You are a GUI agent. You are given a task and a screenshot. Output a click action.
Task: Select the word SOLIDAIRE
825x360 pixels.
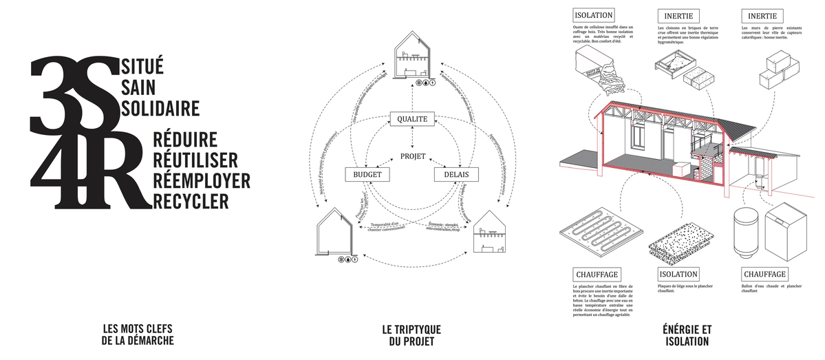point(160,108)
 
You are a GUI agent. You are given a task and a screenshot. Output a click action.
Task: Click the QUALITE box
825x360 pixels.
point(412,119)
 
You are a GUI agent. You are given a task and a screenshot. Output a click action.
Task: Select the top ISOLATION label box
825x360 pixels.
point(592,15)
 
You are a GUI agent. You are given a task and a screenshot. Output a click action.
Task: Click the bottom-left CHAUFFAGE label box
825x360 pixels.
point(597,274)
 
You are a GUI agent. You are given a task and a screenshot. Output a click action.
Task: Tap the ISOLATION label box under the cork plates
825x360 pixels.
point(678,274)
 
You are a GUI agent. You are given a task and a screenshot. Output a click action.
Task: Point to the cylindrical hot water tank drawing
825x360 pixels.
point(747,233)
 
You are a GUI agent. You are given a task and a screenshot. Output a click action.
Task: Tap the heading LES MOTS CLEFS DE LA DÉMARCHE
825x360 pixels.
point(138,335)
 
